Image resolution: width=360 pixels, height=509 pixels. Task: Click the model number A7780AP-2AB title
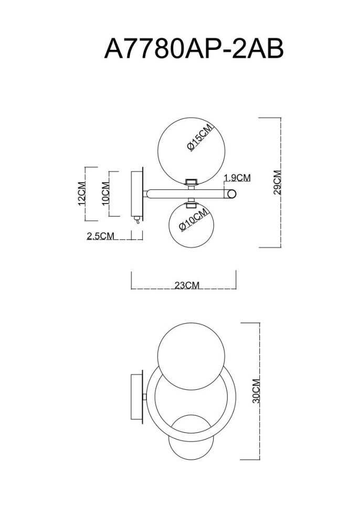(x=194, y=49)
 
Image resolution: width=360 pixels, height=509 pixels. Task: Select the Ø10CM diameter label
(x=193, y=219)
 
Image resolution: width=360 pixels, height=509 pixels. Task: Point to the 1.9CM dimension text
(x=237, y=178)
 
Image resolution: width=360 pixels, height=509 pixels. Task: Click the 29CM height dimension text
(x=277, y=182)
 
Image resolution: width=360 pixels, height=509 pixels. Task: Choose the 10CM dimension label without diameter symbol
(x=105, y=192)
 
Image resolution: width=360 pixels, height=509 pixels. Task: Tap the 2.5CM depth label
(x=100, y=236)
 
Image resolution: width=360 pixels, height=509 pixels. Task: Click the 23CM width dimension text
(x=187, y=285)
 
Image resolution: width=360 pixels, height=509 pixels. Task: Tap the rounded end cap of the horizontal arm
(x=231, y=195)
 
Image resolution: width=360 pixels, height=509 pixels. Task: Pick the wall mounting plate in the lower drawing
(x=136, y=397)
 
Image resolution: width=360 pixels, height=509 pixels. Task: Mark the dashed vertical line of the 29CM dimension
(x=281, y=182)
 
